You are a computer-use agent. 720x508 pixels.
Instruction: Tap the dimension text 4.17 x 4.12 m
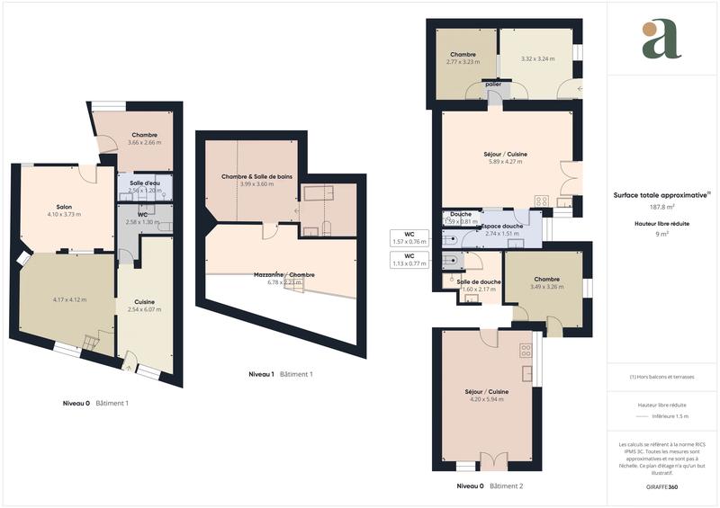click(x=68, y=299)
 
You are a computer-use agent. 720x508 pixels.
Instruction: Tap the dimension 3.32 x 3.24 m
click(x=537, y=59)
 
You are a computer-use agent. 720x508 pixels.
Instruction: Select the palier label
click(x=493, y=85)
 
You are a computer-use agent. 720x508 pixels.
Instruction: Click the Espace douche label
click(x=503, y=226)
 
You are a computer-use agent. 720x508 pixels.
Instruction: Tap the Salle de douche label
click(x=479, y=282)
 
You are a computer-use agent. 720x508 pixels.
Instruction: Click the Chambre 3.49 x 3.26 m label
click(x=547, y=282)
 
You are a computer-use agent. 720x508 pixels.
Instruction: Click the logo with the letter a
click(x=661, y=40)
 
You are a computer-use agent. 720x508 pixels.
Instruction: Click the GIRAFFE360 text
click(x=661, y=486)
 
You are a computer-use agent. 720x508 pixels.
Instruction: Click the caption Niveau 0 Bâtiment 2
click(x=490, y=486)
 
